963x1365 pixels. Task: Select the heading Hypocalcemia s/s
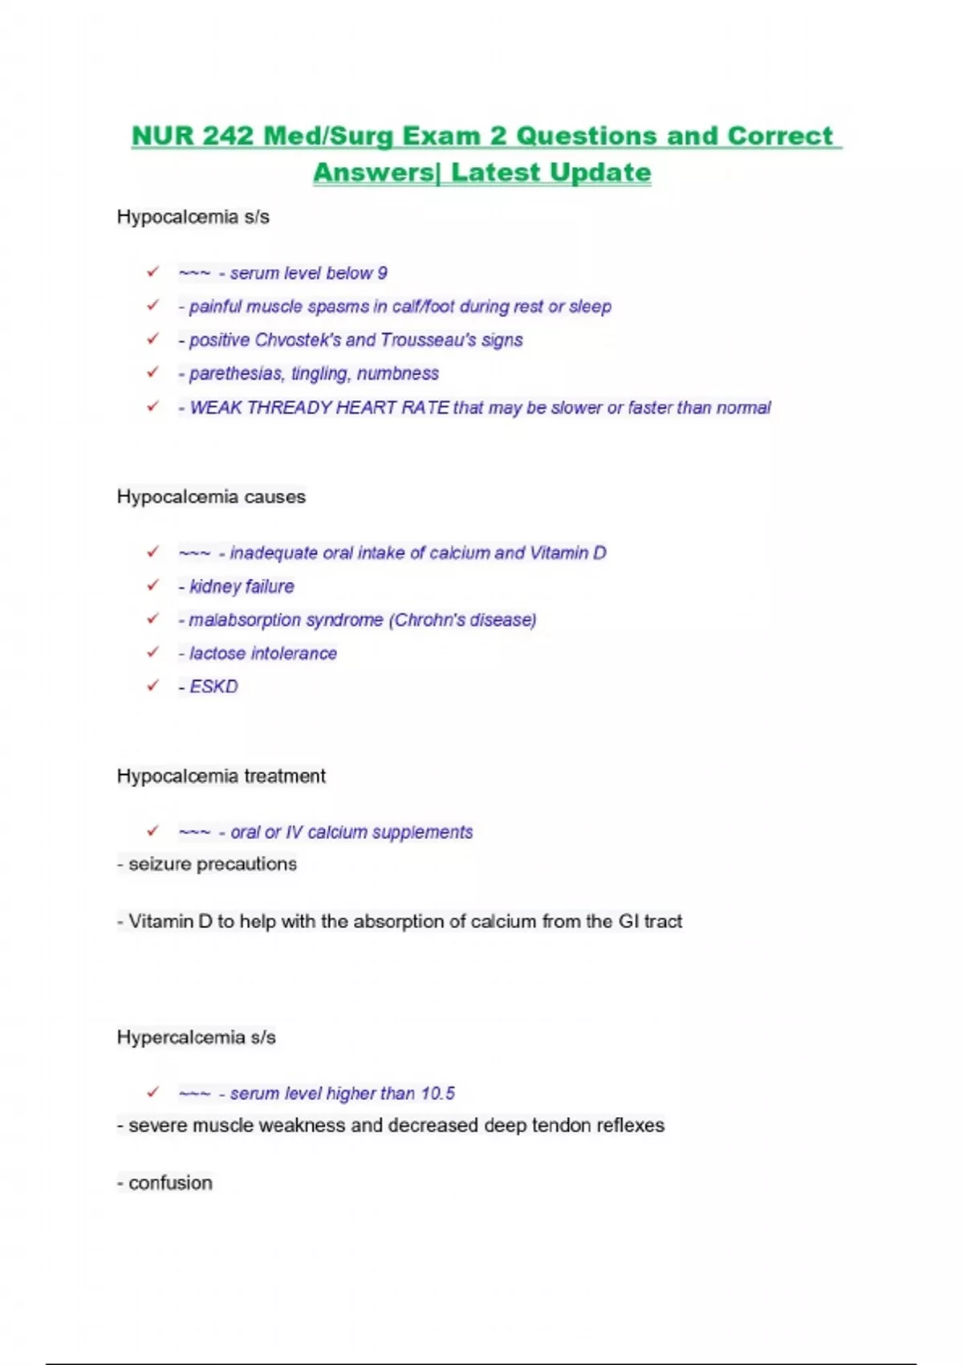tap(193, 217)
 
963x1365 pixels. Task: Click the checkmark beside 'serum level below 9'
tap(152, 272)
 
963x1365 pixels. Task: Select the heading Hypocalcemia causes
tap(211, 497)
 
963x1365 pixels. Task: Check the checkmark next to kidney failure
tap(152, 585)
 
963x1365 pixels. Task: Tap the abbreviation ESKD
tap(213, 687)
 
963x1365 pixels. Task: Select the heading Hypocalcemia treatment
tap(221, 776)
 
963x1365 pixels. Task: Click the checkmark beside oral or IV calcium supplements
tap(152, 831)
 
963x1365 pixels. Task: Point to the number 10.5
tap(437, 1094)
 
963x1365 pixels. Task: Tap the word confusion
tap(170, 1183)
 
